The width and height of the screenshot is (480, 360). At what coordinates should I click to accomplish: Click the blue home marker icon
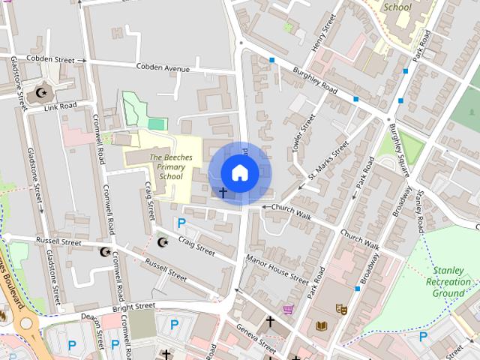tap(239, 172)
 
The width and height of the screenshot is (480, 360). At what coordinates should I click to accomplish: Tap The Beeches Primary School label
tap(171, 166)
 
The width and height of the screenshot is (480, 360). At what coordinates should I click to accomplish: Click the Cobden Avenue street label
tap(163, 68)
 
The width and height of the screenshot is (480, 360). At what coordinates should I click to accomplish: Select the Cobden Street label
tap(51, 58)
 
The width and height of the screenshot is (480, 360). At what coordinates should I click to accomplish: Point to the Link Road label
tap(61, 106)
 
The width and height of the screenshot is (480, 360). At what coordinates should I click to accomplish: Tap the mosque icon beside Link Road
tap(41, 93)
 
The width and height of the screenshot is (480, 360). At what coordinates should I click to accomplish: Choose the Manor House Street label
tap(277, 269)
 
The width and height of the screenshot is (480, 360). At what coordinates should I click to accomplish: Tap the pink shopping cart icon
tap(288, 309)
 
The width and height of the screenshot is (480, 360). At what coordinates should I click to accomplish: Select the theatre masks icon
tap(341, 308)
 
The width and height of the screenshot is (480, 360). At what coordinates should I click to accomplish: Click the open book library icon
tap(322, 325)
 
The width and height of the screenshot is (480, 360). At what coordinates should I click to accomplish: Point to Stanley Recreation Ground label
tap(448, 282)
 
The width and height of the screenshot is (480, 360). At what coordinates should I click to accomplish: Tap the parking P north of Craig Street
tap(180, 223)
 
